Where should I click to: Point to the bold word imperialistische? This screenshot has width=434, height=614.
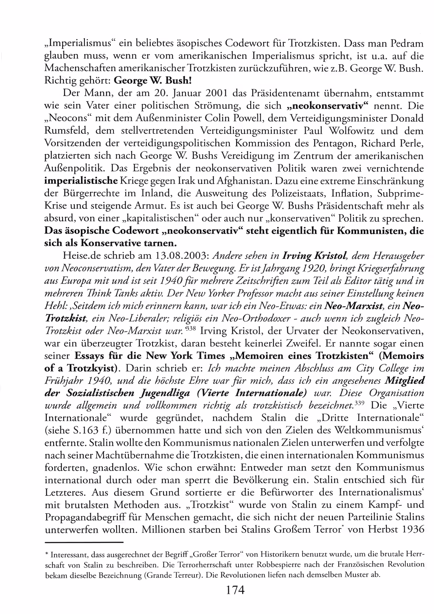[81, 181]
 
